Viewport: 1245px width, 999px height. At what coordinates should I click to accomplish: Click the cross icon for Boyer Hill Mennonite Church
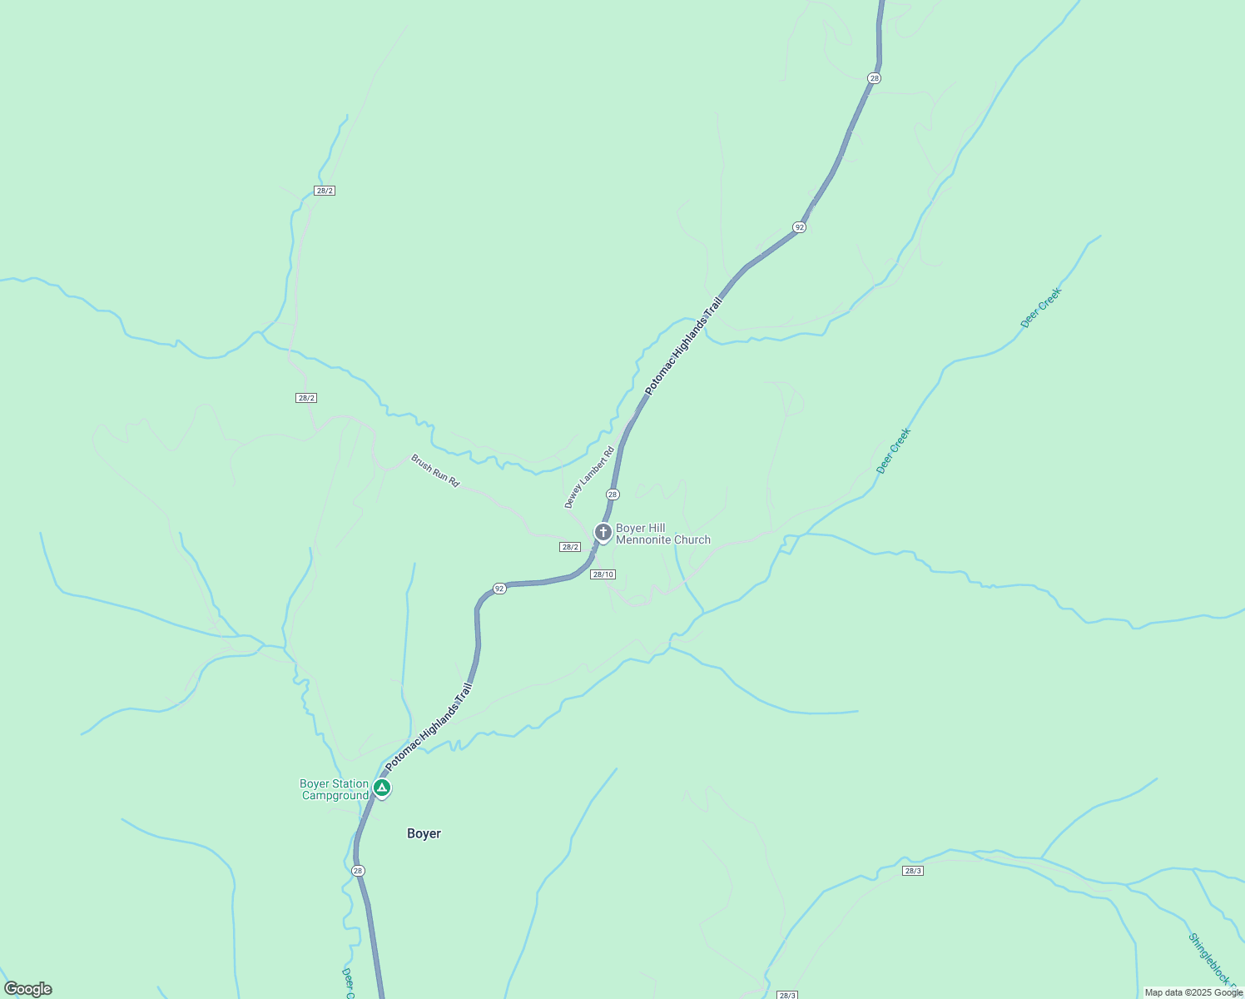coord(603,532)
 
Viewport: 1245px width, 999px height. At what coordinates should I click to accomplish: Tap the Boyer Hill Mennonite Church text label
coord(662,534)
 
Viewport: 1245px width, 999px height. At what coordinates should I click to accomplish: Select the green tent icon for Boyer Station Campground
coord(381,788)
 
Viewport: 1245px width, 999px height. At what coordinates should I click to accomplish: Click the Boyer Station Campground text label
coord(334,789)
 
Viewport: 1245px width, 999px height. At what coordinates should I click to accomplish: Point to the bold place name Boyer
coord(424,833)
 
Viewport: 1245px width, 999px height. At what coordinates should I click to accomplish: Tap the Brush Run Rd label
coord(434,470)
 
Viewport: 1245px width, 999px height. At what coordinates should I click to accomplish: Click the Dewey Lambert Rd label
coord(588,477)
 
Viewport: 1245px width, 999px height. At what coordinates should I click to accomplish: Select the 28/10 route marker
coord(603,574)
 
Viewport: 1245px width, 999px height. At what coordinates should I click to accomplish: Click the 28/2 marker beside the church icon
coord(569,547)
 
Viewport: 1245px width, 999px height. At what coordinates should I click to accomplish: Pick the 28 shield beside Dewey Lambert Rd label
coord(613,495)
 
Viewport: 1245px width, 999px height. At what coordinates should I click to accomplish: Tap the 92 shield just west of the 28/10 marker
coord(498,589)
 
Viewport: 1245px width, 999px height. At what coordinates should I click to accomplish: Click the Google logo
coord(27,989)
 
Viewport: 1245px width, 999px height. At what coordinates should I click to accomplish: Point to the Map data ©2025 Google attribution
coord(1193,992)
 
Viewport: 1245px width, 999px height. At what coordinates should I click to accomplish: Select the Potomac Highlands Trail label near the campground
coord(429,727)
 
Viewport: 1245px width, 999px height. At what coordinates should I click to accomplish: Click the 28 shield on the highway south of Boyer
coord(358,871)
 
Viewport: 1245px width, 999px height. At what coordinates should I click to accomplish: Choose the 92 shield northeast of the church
coord(799,227)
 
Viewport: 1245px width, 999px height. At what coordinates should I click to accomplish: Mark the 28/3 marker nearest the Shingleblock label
coord(912,871)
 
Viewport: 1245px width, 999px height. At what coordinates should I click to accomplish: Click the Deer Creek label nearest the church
coord(893,450)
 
